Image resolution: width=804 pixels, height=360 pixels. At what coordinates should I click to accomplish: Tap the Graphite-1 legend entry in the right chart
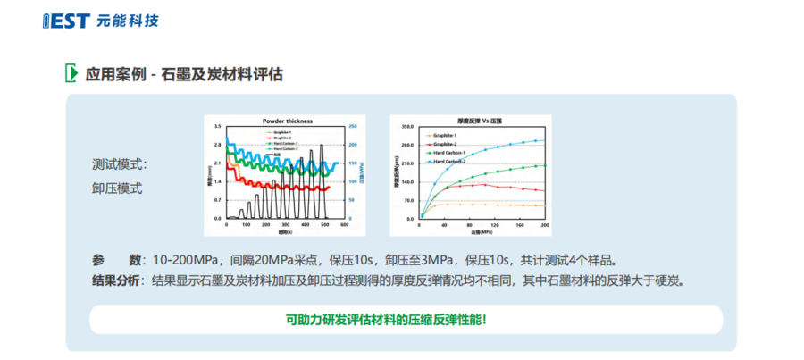[x=446, y=135]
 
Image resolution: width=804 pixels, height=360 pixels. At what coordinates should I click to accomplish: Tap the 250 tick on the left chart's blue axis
[x=352, y=127]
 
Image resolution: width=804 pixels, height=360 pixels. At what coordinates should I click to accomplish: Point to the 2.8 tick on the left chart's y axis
[x=217, y=145]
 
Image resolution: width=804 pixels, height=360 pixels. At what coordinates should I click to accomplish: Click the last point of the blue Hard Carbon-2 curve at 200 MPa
[x=544, y=139]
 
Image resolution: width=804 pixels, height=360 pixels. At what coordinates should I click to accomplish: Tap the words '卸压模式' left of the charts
[x=117, y=188]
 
